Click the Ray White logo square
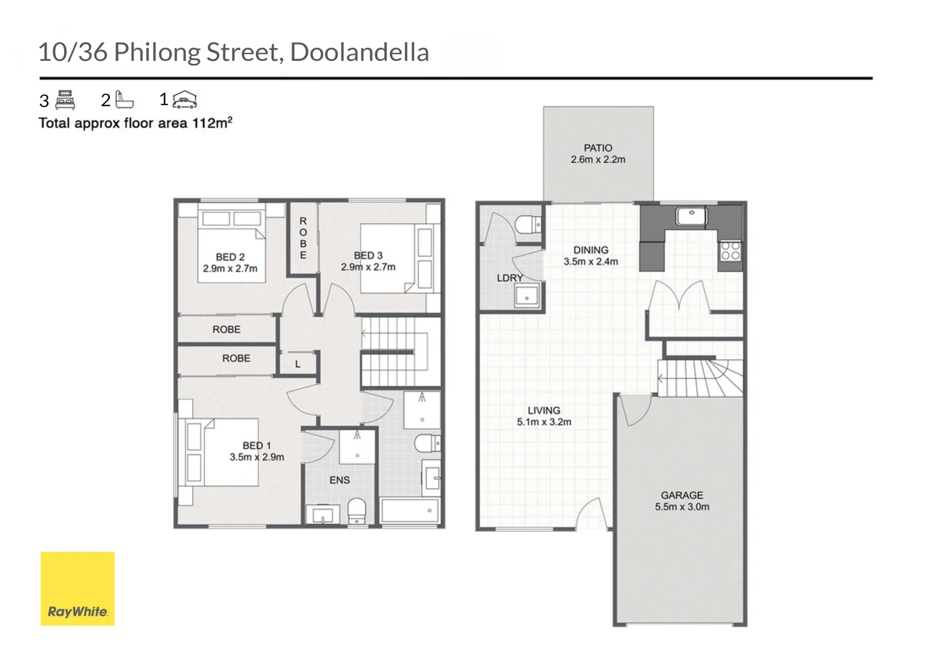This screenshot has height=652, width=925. [x=77, y=588]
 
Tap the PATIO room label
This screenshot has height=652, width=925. [x=598, y=148]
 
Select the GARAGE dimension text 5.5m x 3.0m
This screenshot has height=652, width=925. [x=682, y=507]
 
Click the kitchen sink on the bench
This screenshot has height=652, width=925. [x=691, y=216]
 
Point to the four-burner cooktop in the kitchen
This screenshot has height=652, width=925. [x=730, y=250]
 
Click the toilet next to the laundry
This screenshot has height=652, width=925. [x=528, y=225]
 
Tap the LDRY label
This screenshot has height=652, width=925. [x=509, y=278]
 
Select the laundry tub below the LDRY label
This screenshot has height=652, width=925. [x=526, y=296]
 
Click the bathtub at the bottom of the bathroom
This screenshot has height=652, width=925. [x=410, y=511]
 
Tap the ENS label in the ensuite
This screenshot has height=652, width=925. [x=340, y=480]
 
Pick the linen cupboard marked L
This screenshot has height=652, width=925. [x=297, y=364]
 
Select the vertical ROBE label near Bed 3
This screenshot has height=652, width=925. [x=303, y=238]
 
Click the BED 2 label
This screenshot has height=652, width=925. [x=230, y=257]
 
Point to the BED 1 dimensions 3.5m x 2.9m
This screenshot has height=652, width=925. [x=257, y=458]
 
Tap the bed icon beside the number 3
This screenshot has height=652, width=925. [x=65, y=100]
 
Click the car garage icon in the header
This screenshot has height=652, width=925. [x=185, y=100]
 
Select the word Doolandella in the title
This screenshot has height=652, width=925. [x=359, y=53]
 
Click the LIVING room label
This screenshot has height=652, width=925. [x=544, y=410]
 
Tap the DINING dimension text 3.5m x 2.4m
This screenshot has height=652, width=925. [x=591, y=262]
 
